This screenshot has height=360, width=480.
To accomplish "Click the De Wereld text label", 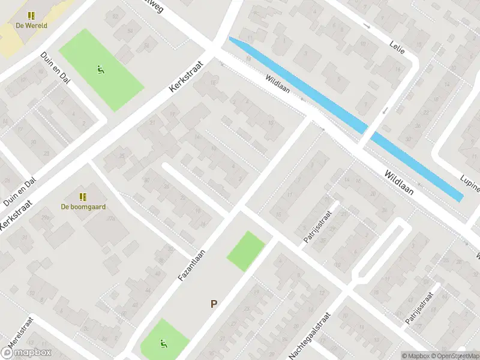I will pos(31,25).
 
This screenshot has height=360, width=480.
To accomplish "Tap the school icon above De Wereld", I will pos(31,16).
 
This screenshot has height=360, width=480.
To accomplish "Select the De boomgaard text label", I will pos(83,206).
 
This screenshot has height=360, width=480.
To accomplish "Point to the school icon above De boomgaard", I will pos(83,196).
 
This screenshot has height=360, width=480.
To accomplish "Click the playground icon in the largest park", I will pos(100,69).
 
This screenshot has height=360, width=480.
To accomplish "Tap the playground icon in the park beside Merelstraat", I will pos(162,344).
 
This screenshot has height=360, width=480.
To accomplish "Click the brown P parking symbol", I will pos(213,304).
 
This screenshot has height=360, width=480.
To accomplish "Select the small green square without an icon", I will pos(245,251).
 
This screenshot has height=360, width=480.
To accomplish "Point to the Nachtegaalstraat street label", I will pos(310,335).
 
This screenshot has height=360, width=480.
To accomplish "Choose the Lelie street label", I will pos(397,46).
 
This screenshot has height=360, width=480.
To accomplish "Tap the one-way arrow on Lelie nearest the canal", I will pos(385,110).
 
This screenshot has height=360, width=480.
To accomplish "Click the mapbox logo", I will pos(26,353).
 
